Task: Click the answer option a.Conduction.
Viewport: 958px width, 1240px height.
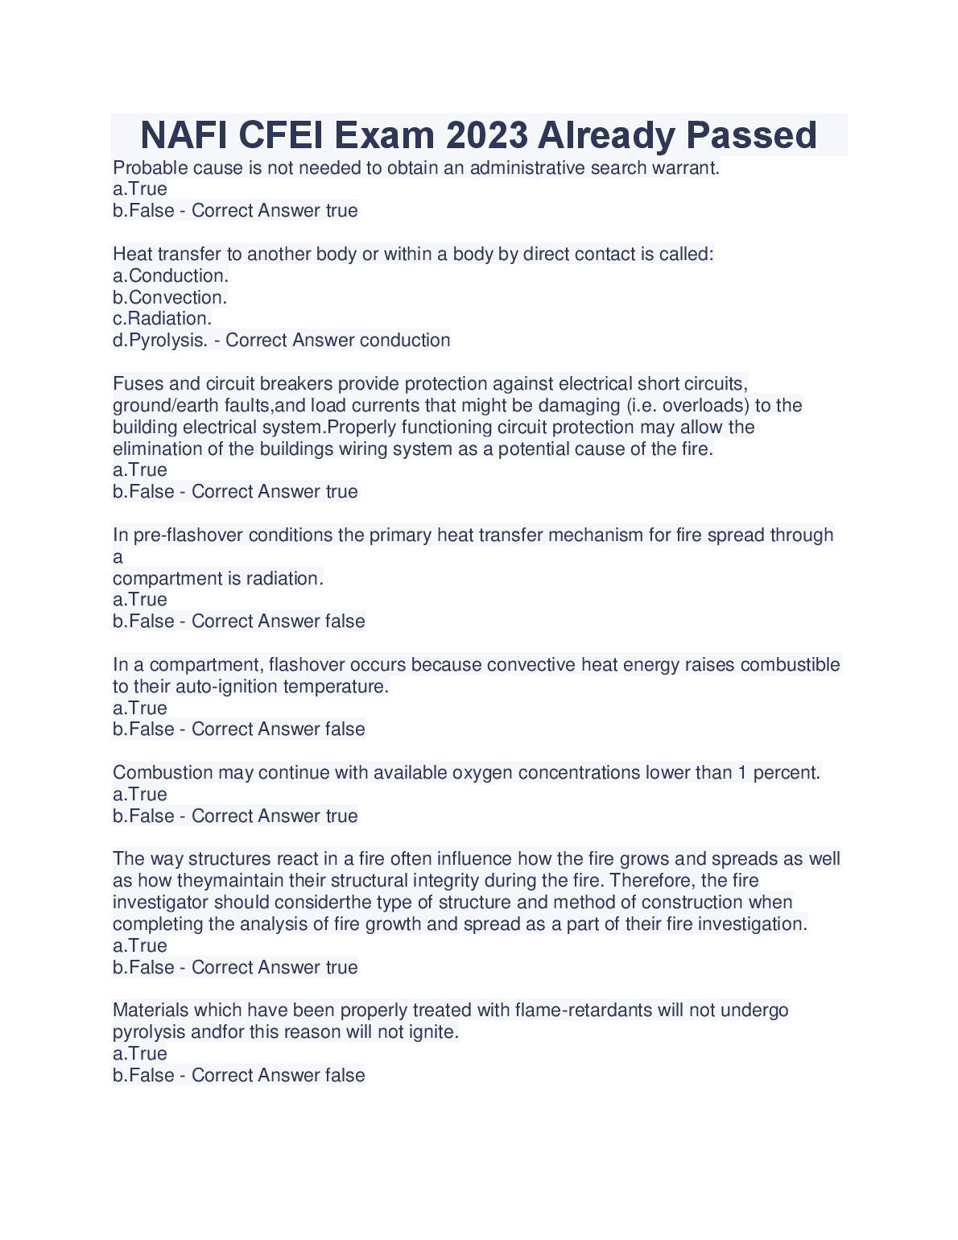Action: click(x=171, y=275)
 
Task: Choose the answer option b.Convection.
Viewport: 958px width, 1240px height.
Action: click(x=170, y=297)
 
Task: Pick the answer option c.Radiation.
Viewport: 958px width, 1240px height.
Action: click(x=162, y=319)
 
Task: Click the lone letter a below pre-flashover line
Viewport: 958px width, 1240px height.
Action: click(x=118, y=557)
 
